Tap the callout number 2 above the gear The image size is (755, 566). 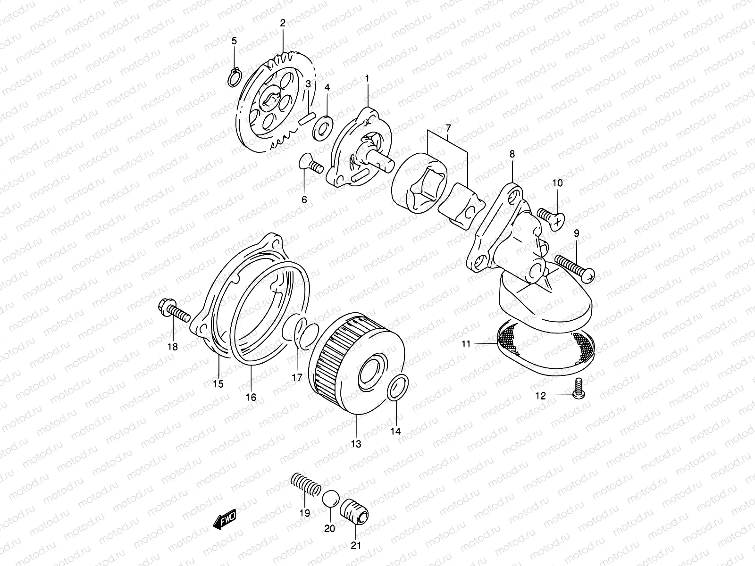pyautogui.click(x=283, y=23)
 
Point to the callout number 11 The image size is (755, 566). pyautogui.click(x=466, y=344)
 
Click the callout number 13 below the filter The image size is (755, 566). pyautogui.click(x=356, y=444)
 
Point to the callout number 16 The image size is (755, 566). pyautogui.click(x=251, y=398)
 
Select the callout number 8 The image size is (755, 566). pyautogui.click(x=512, y=154)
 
